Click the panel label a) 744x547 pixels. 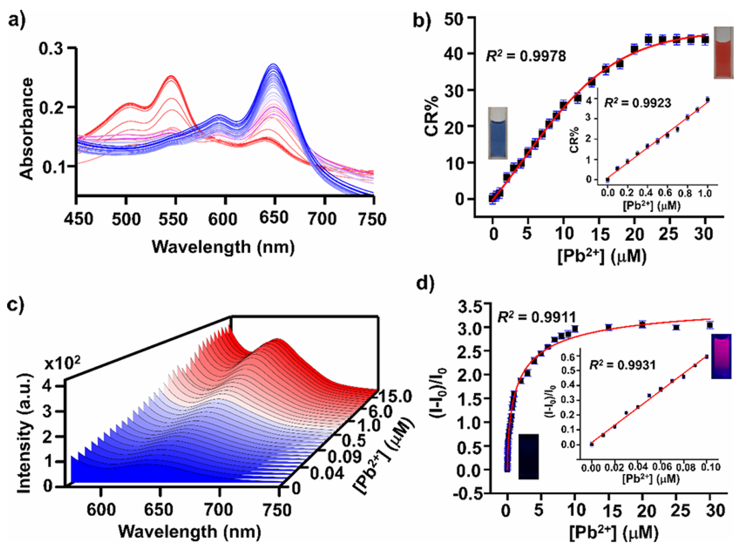17,20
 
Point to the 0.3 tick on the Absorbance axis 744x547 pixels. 50,48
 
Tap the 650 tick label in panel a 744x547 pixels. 274,217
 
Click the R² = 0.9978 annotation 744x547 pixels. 526,56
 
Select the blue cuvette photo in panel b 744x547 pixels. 498,133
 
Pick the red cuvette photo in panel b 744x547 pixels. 723,53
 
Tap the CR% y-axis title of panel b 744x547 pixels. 431,116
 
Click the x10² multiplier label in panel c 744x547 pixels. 62,363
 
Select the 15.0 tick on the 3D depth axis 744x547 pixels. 396,396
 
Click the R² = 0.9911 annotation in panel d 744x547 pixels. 536,317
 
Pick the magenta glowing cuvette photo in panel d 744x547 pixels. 721,356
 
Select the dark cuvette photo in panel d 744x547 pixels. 528,456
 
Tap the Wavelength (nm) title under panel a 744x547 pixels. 223,247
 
